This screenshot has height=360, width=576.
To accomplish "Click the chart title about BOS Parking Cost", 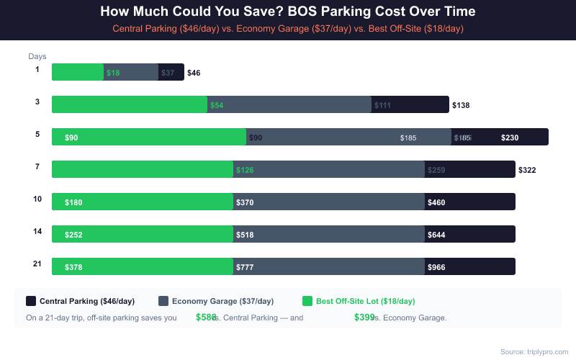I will click(x=288, y=12).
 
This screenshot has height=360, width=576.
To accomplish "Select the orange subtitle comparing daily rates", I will click(x=288, y=28).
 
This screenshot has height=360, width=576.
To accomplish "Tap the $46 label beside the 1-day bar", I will click(x=194, y=73).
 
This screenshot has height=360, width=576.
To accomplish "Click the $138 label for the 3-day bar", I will click(x=461, y=105).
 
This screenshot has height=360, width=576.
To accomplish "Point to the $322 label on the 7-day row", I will click(x=527, y=170).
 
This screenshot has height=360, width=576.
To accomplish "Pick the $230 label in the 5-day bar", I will click(x=510, y=138).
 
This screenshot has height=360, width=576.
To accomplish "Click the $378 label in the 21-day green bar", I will click(x=73, y=267).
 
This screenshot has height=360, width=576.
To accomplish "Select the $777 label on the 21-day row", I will click(x=245, y=267).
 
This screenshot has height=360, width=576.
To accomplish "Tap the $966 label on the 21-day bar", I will click(x=436, y=267).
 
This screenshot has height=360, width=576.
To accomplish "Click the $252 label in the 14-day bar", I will click(x=73, y=235).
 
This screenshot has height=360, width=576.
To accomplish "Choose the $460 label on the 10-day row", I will click(x=436, y=202).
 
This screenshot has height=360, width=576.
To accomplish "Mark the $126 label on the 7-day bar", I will click(x=245, y=170).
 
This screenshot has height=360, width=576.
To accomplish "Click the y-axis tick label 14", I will click(x=37, y=231).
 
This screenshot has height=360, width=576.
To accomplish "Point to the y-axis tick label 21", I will click(x=37, y=264).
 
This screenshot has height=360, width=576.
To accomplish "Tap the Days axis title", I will click(x=37, y=56).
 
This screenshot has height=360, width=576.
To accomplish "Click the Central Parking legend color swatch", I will click(x=31, y=301).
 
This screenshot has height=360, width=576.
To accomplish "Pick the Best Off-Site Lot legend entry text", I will click(x=366, y=301).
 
